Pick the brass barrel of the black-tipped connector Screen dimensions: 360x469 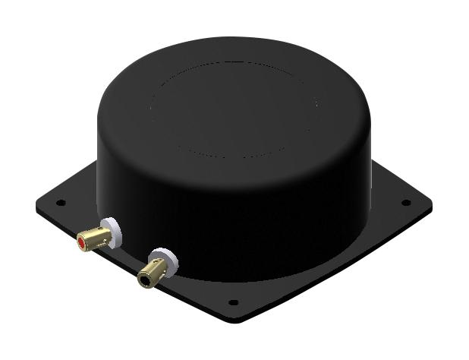pyautogui.click(x=154, y=272)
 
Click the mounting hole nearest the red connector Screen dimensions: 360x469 pyautogui.click(x=61, y=204)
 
